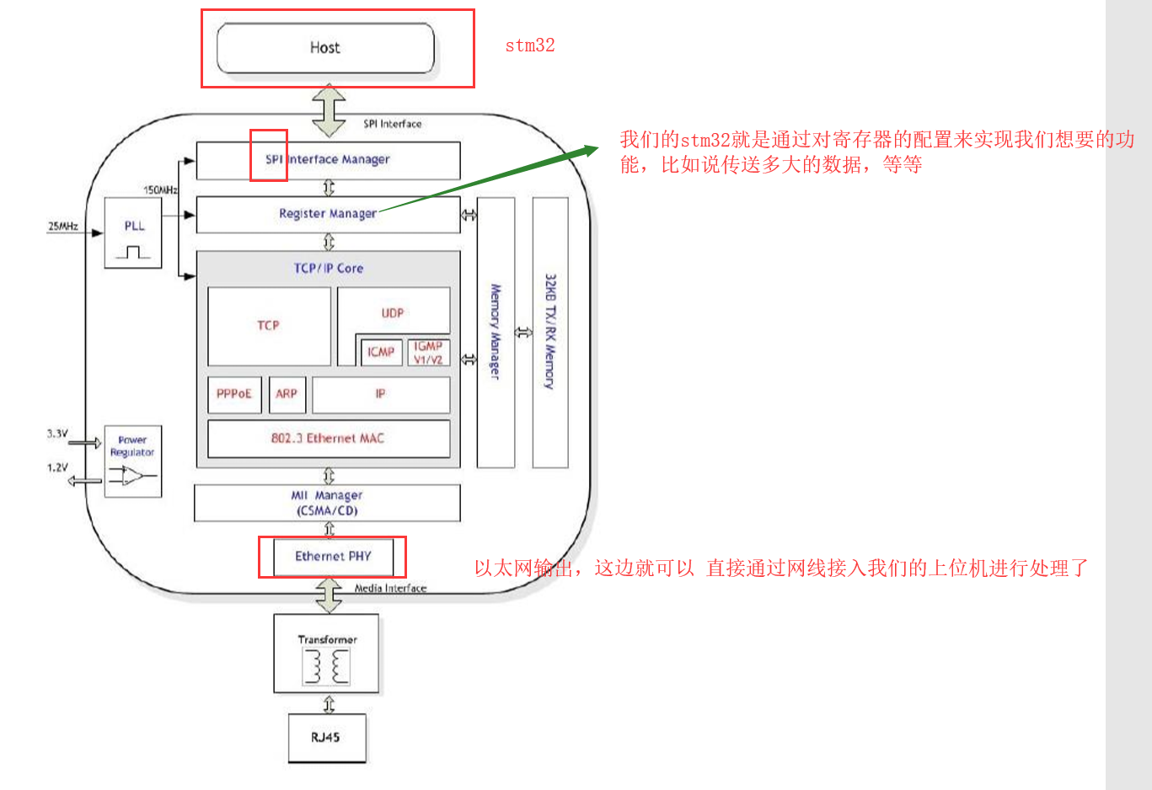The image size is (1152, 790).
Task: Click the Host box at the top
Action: click(x=325, y=48)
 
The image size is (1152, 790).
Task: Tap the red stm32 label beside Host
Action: click(x=530, y=45)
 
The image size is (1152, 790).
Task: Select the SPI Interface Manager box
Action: click(x=328, y=159)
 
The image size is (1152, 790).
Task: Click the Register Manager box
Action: click(x=328, y=214)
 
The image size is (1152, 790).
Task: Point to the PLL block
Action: click(x=133, y=232)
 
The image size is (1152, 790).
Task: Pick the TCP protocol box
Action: click(x=269, y=326)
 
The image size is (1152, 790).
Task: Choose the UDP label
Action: click(x=393, y=313)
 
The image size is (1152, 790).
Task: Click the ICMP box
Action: click(x=381, y=352)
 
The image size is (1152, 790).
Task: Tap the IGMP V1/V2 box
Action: click(x=428, y=353)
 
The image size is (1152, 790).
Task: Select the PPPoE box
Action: click(x=234, y=394)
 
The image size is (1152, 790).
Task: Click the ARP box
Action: click(x=287, y=394)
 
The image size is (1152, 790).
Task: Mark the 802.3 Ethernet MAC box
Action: click(x=328, y=439)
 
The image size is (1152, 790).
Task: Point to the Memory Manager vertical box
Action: click(x=496, y=332)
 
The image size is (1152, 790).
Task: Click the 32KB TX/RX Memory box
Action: click(x=550, y=332)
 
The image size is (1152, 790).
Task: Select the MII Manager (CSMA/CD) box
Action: click(x=327, y=503)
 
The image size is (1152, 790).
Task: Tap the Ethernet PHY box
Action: click(x=333, y=557)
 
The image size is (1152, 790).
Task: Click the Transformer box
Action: click(x=326, y=654)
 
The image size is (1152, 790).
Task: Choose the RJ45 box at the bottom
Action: click(x=326, y=738)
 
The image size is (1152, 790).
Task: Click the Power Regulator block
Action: click(x=133, y=461)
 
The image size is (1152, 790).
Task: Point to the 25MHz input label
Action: click(x=63, y=226)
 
